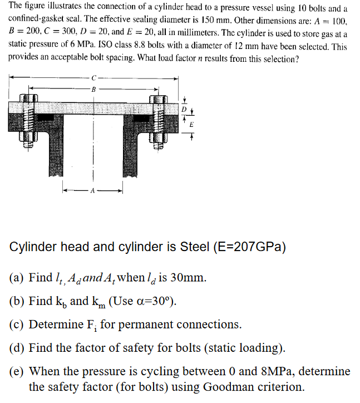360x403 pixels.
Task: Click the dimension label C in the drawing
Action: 94,77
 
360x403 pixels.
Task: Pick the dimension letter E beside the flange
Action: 191,125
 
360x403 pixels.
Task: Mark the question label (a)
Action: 17,277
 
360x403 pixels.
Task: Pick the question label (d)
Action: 17,348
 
